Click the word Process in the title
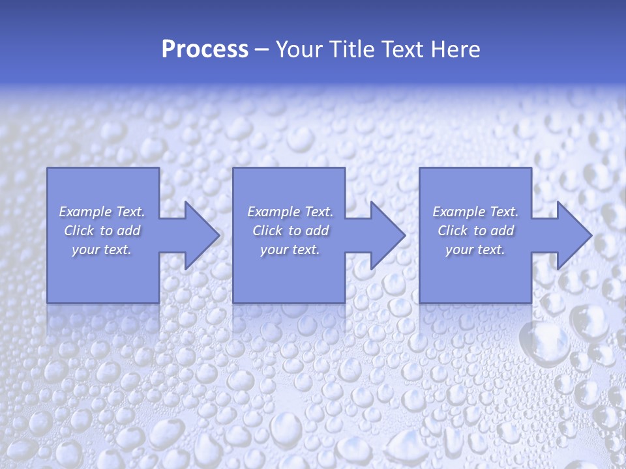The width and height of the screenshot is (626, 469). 205,50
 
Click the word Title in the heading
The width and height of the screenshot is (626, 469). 350,50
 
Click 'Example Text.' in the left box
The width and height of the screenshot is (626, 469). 102,212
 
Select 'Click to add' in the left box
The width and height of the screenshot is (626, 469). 102,231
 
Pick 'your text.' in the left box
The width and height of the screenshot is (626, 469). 102,249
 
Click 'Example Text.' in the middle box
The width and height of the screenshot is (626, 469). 290,212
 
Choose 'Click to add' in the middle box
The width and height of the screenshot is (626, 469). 290,231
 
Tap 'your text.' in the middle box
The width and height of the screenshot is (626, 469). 290,249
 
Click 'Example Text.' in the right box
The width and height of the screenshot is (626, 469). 475,212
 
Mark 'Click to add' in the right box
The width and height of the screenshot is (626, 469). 475,231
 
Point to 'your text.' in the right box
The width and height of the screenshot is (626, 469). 475,249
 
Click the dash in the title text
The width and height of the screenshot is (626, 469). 261,50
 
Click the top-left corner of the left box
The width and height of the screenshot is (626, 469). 48,168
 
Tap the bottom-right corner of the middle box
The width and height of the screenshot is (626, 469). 345,303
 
